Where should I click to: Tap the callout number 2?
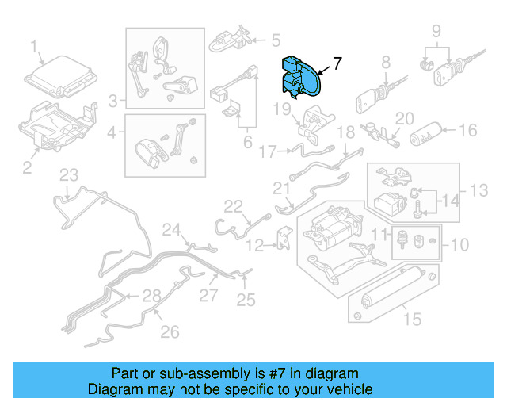click(x=26, y=167)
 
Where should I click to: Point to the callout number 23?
click(x=70, y=175)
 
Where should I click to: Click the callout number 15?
click(x=410, y=320)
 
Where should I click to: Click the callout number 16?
click(x=468, y=131)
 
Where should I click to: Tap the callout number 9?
click(x=436, y=31)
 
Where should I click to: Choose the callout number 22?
click(x=232, y=206)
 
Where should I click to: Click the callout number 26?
click(x=170, y=332)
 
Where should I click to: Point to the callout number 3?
click(x=114, y=101)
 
